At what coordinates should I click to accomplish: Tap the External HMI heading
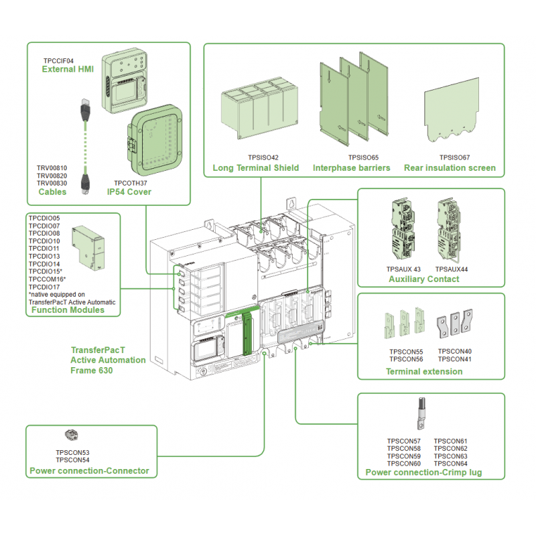click(x=67, y=69)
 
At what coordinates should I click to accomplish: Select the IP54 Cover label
click(x=129, y=192)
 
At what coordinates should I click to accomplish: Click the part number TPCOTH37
click(x=130, y=183)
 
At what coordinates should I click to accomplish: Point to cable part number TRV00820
click(x=52, y=176)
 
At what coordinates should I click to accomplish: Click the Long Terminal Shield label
click(x=255, y=167)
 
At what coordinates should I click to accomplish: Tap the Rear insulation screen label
click(x=450, y=167)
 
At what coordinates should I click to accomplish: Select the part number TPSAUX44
click(x=452, y=269)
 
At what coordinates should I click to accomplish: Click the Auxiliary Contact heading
click(x=424, y=279)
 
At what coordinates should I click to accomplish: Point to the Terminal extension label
click(x=424, y=371)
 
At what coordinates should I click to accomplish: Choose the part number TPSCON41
click(x=454, y=359)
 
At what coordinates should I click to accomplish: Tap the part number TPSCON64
click(x=450, y=463)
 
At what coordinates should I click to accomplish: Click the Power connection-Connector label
click(x=89, y=471)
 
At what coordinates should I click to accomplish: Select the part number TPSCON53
click(x=72, y=453)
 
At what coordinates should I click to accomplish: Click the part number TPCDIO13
click(x=44, y=257)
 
